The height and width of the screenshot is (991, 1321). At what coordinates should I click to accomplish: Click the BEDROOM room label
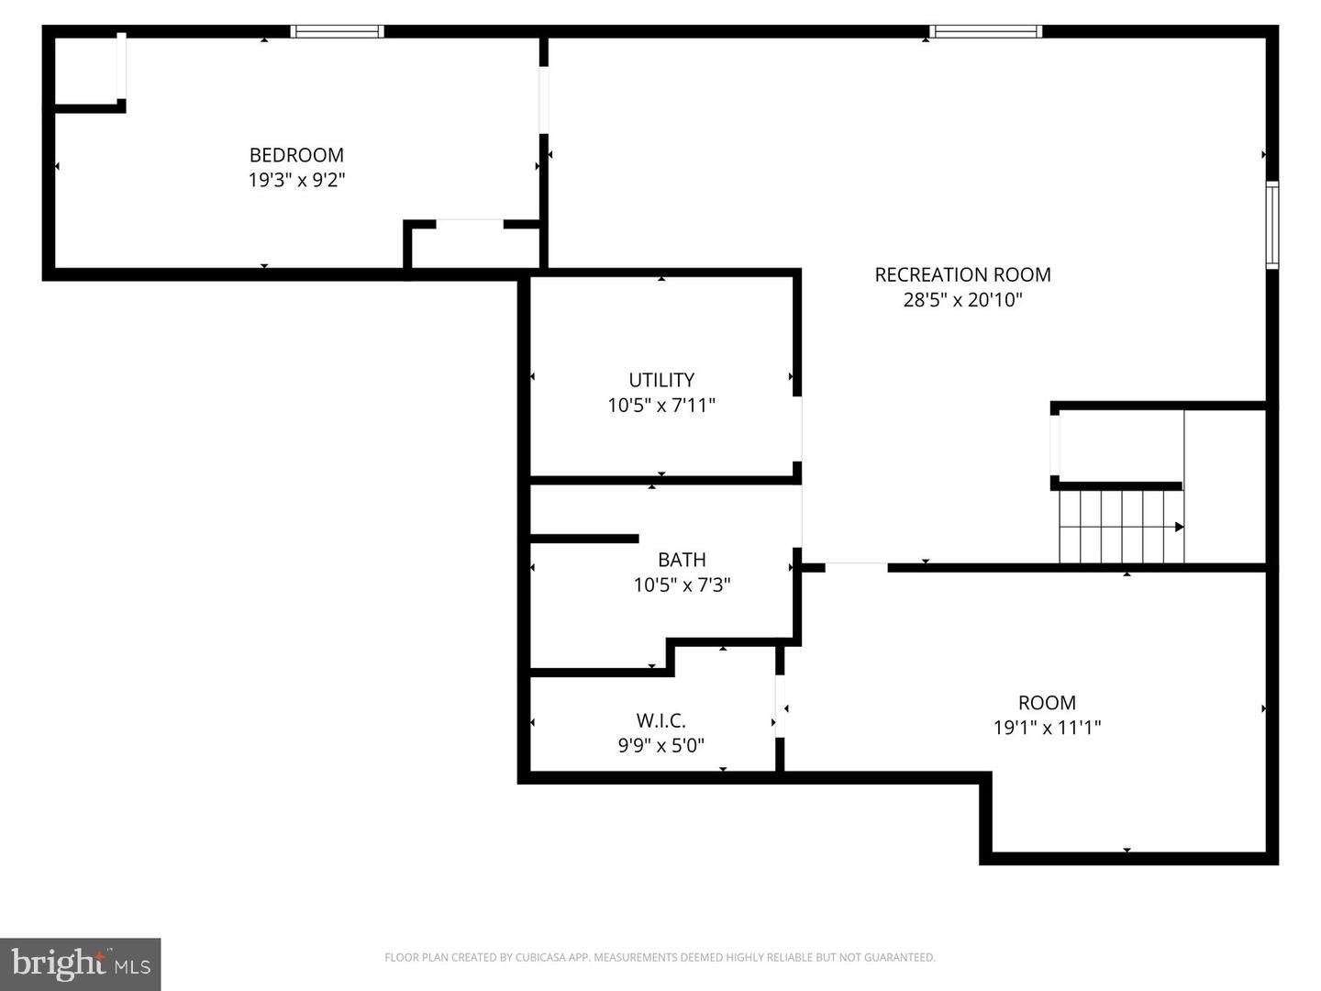(x=296, y=155)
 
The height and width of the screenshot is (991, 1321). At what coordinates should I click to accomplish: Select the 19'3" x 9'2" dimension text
(x=296, y=180)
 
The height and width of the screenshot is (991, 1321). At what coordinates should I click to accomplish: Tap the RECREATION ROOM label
(x=962, y=274)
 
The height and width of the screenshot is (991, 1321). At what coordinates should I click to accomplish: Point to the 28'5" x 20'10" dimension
(x=962, y=299)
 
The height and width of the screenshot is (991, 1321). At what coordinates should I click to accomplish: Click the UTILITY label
(x=661, y=380)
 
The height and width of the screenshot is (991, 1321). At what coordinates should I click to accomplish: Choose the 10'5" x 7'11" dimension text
(x=661, y=405)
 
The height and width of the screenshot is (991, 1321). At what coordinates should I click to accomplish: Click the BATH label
(x=682, y=560)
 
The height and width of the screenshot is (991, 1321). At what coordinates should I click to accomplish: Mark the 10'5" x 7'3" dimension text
(x=682, y=585)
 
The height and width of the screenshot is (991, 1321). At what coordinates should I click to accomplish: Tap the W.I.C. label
(x=661, y=721)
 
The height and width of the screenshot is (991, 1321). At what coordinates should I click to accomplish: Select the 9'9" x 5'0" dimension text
(x=661, y=746)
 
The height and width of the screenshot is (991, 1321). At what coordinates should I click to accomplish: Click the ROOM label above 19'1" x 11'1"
(x=1047, y=703)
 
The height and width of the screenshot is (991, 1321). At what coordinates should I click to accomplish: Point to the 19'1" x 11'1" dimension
(x=1047, y=728)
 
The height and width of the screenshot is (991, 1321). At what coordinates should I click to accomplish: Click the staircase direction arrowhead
(x=1179, y=527)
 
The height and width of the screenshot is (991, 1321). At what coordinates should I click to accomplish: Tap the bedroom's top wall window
(x=337, y=32)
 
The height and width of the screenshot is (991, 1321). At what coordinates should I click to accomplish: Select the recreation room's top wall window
(x=985, y=32)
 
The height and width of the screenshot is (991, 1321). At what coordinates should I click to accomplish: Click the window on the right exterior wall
(x=1272, y=225)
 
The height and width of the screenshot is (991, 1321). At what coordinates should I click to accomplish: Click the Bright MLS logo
(x=81, y=963)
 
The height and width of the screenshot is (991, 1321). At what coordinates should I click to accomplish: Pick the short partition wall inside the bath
(x=584, y=539)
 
